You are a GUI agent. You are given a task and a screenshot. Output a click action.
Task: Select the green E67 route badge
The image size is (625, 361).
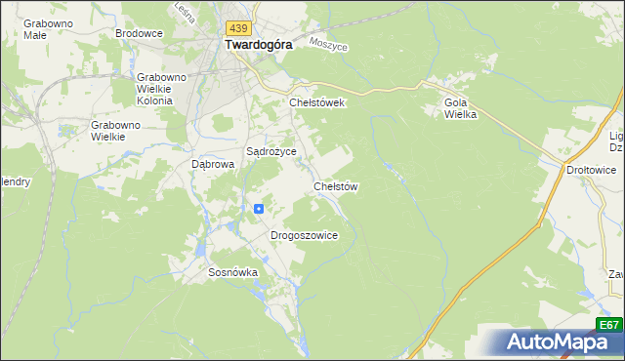[608, 325]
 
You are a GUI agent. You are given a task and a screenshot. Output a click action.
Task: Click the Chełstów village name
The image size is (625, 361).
[337, 185]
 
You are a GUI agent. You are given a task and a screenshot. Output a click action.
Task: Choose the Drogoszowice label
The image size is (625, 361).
[304, 235]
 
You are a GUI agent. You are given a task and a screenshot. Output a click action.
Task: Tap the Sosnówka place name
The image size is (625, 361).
[232, 273]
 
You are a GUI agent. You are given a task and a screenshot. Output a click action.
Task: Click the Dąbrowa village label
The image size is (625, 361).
[214, 165]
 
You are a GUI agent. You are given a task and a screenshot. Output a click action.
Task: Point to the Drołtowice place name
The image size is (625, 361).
[592, 170]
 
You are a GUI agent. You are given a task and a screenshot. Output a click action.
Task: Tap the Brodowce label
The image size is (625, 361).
[139, 33]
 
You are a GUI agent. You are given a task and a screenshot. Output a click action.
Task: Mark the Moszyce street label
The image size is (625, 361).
[328, 44]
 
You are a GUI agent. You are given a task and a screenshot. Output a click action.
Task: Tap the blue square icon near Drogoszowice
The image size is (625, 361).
[259, 208]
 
